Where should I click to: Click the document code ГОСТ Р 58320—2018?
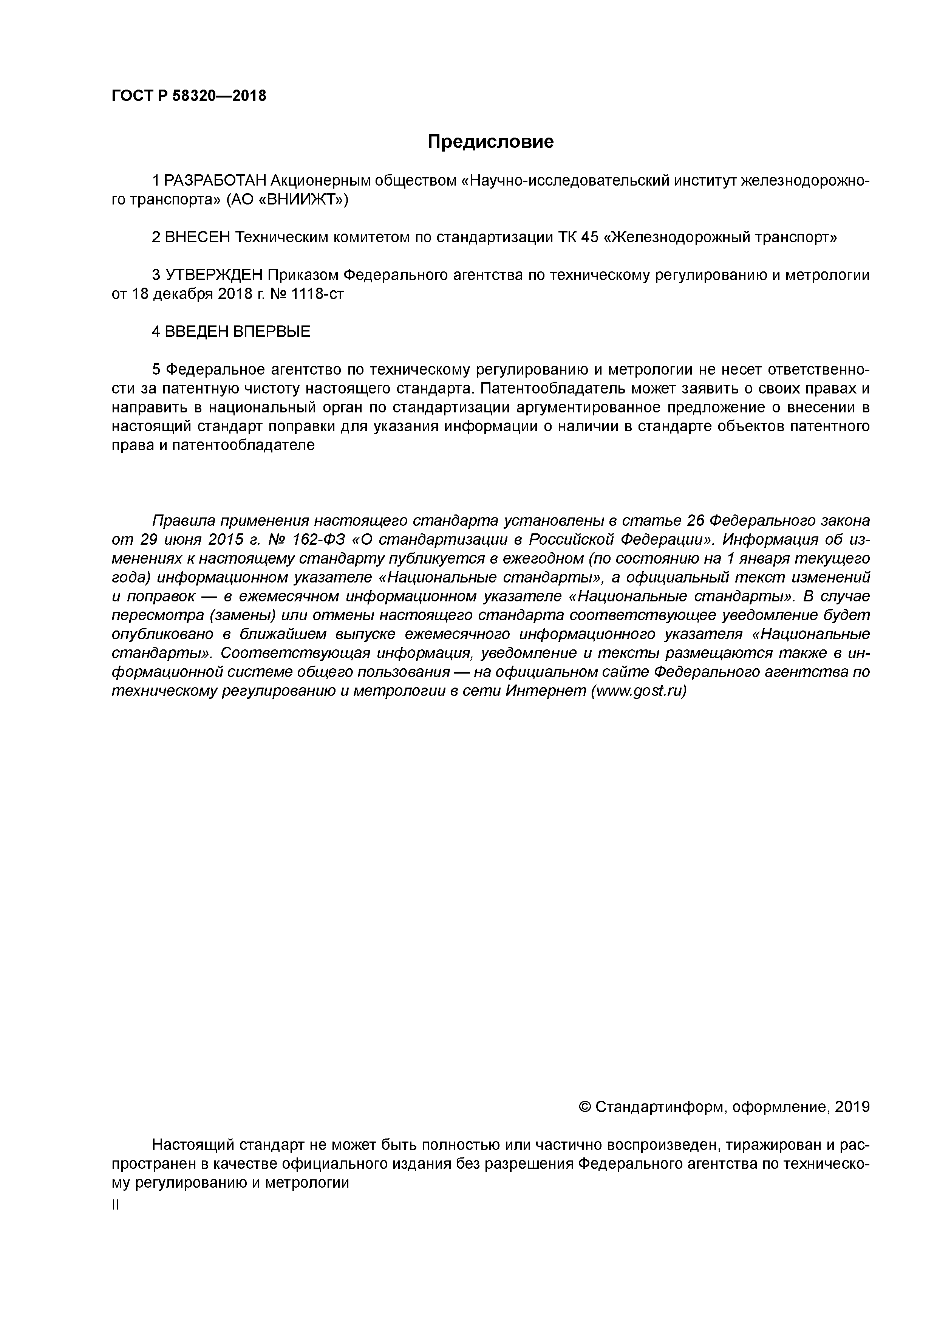(x=189, y=96)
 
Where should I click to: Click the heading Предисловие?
(x=490, y=141)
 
